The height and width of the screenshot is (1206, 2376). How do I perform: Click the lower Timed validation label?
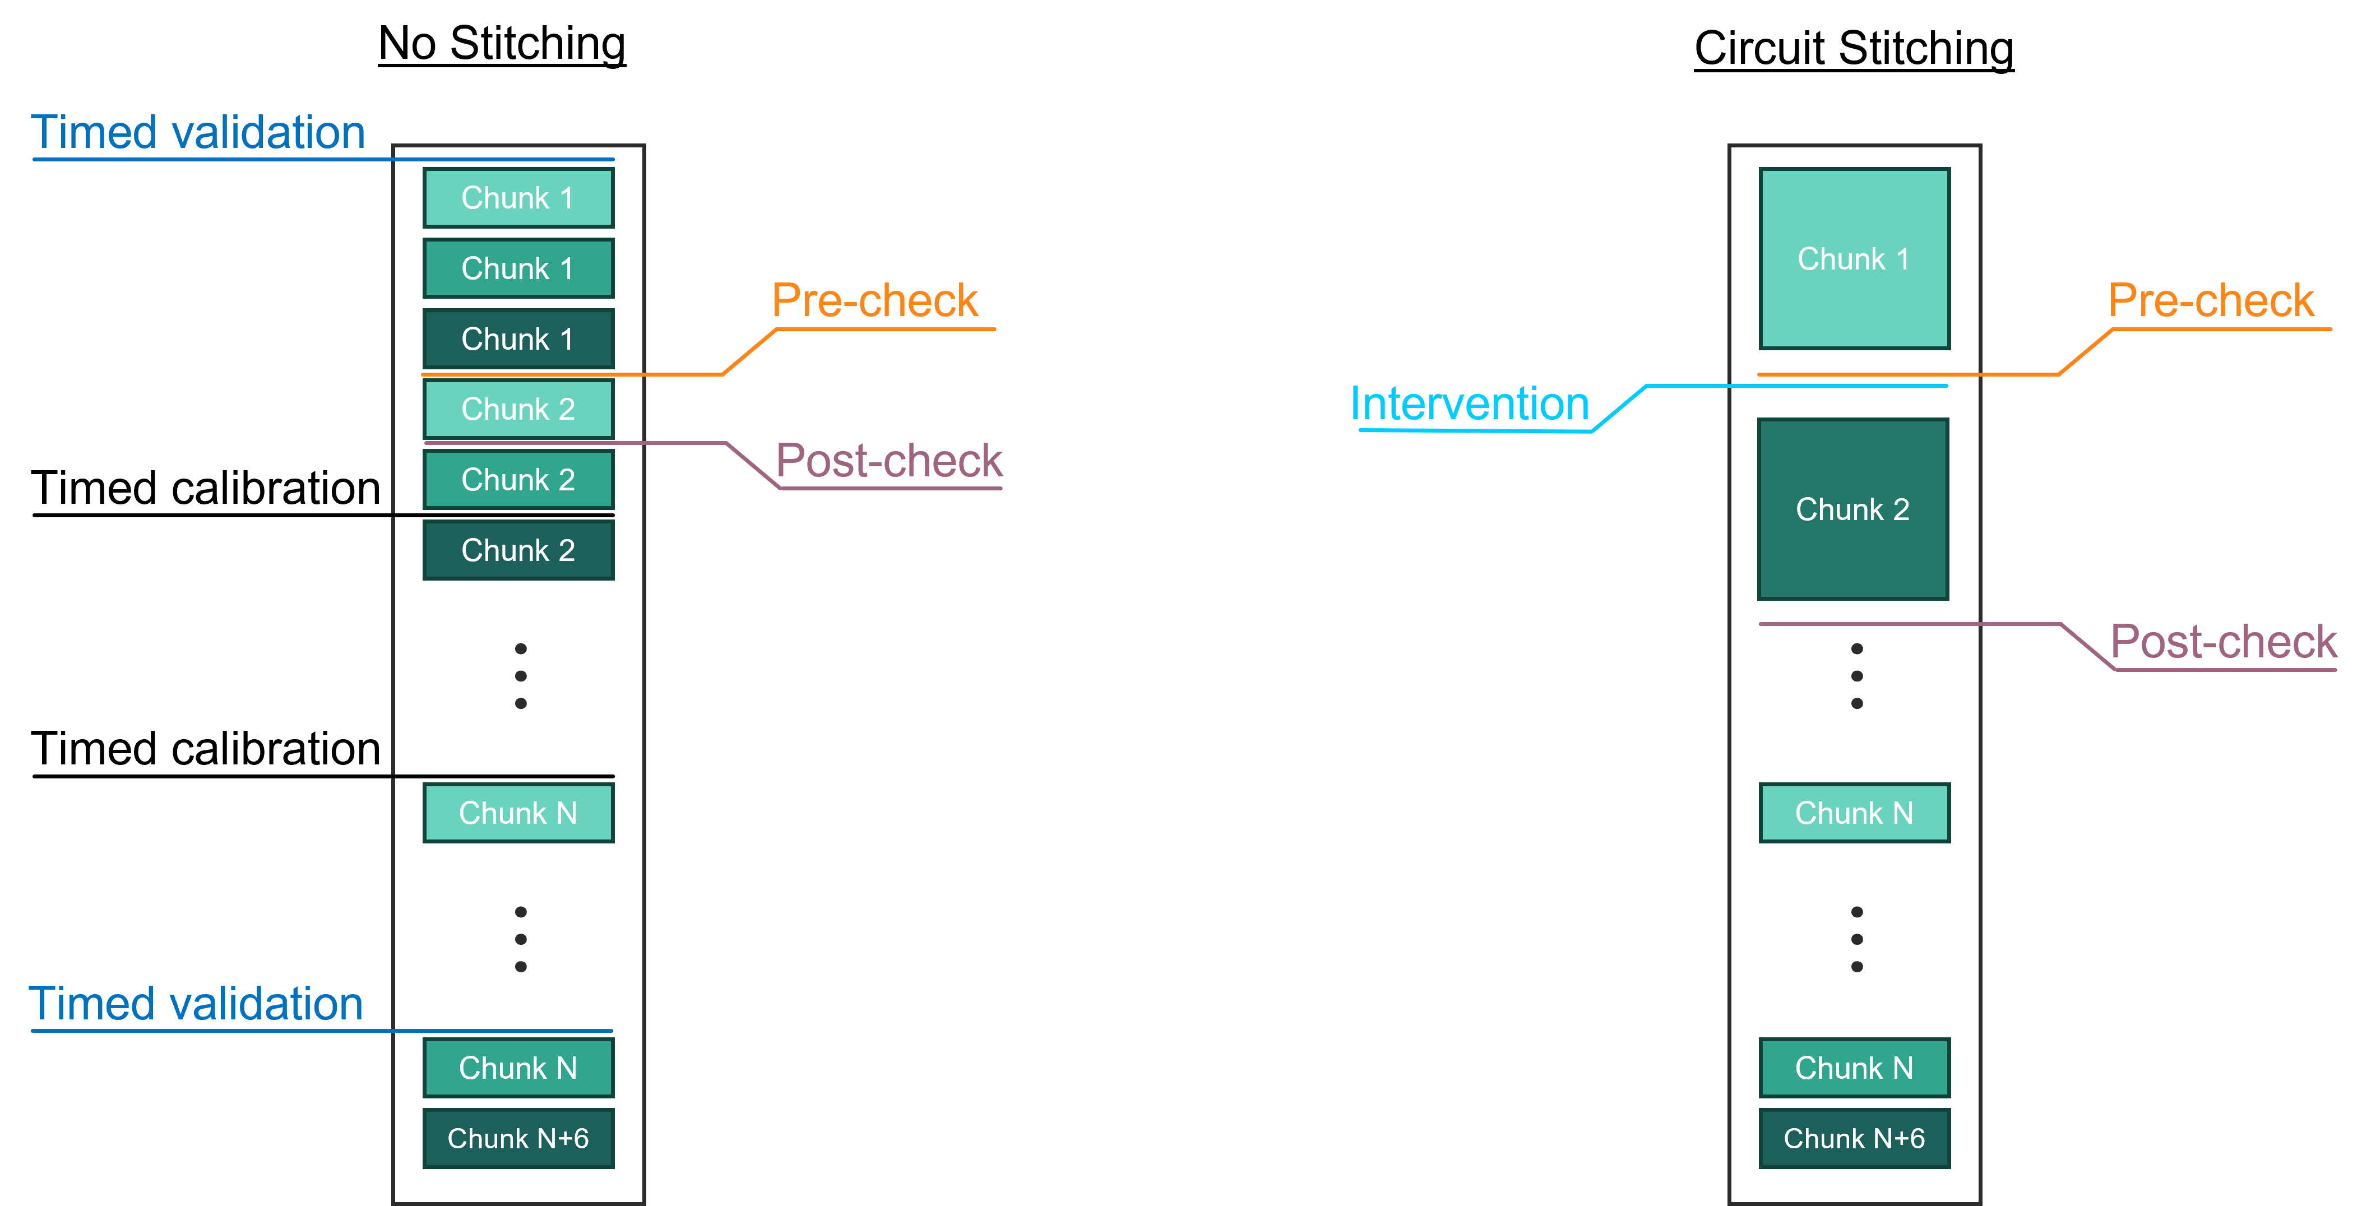(x=196, y=1004)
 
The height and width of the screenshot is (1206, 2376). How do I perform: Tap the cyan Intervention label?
(x=1469, y=405)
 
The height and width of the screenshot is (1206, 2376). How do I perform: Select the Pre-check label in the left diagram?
(x=874, y=300)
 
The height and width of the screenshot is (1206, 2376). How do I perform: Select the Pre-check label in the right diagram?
(x=2210, y=300)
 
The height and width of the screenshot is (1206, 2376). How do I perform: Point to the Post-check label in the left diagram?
(x=888, y=461)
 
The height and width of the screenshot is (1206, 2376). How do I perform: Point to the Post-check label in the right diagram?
(x=2223, y=642)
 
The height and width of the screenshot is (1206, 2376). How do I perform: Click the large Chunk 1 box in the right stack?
(x=1854, y=259)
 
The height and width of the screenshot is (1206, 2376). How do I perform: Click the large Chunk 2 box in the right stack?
(x=1852, y=509)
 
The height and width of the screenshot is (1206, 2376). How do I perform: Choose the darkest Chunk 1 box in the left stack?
(x=517, y=339)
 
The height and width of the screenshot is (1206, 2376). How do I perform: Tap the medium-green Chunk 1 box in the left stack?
(x=517, y=268)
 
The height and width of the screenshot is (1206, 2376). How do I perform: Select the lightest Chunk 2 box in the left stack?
(x=517, y=409)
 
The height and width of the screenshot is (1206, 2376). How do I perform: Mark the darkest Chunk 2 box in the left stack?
(x=517, y=550)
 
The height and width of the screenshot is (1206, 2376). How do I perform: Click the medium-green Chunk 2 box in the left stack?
(x=517, y=480)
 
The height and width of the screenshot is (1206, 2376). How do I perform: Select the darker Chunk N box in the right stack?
(x=1854, y=1068)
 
